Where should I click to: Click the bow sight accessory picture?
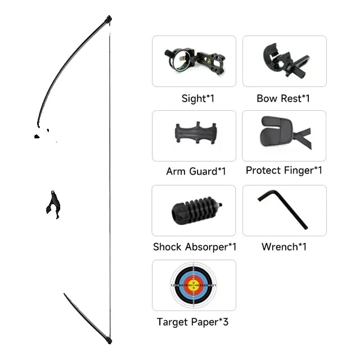click(x=194, y=61)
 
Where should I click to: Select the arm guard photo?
click(x=196, y=134)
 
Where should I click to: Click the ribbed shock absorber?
click(x=196, y=210)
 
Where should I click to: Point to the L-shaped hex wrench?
click(x=283, y=209)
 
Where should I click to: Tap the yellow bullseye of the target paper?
click(x=193, y=286)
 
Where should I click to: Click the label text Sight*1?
click(x=198, y=99)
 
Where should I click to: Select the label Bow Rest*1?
click(x=283, y=98)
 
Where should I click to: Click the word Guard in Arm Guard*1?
click(x=204, y=171)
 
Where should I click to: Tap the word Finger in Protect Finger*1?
click(x=299, y=170)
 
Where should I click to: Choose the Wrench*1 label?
click(x=284, y=247)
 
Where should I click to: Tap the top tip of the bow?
click(x=109, y=17)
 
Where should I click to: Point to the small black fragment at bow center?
click(x=53, y=204)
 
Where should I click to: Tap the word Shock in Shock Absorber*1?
click(x=167, y=247)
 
